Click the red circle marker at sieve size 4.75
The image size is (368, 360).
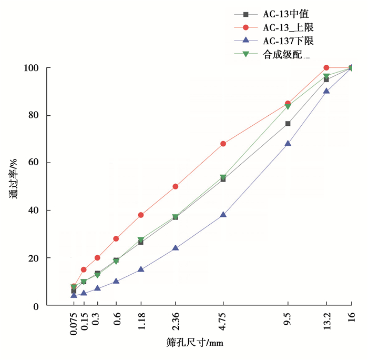tap(223, 144)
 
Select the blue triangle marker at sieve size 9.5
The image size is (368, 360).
tap(288, 143)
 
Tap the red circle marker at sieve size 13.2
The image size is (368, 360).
tap(326, 67)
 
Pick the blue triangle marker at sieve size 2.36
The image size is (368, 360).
tap(175, 247)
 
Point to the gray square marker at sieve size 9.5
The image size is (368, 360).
tap(288, 124)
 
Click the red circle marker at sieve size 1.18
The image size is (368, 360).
tap(141, 215)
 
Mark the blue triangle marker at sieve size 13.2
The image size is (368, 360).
tap(326, 91)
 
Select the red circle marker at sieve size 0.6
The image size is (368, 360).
tap(116, 238)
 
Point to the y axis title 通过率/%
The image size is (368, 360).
tap(14, 179)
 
